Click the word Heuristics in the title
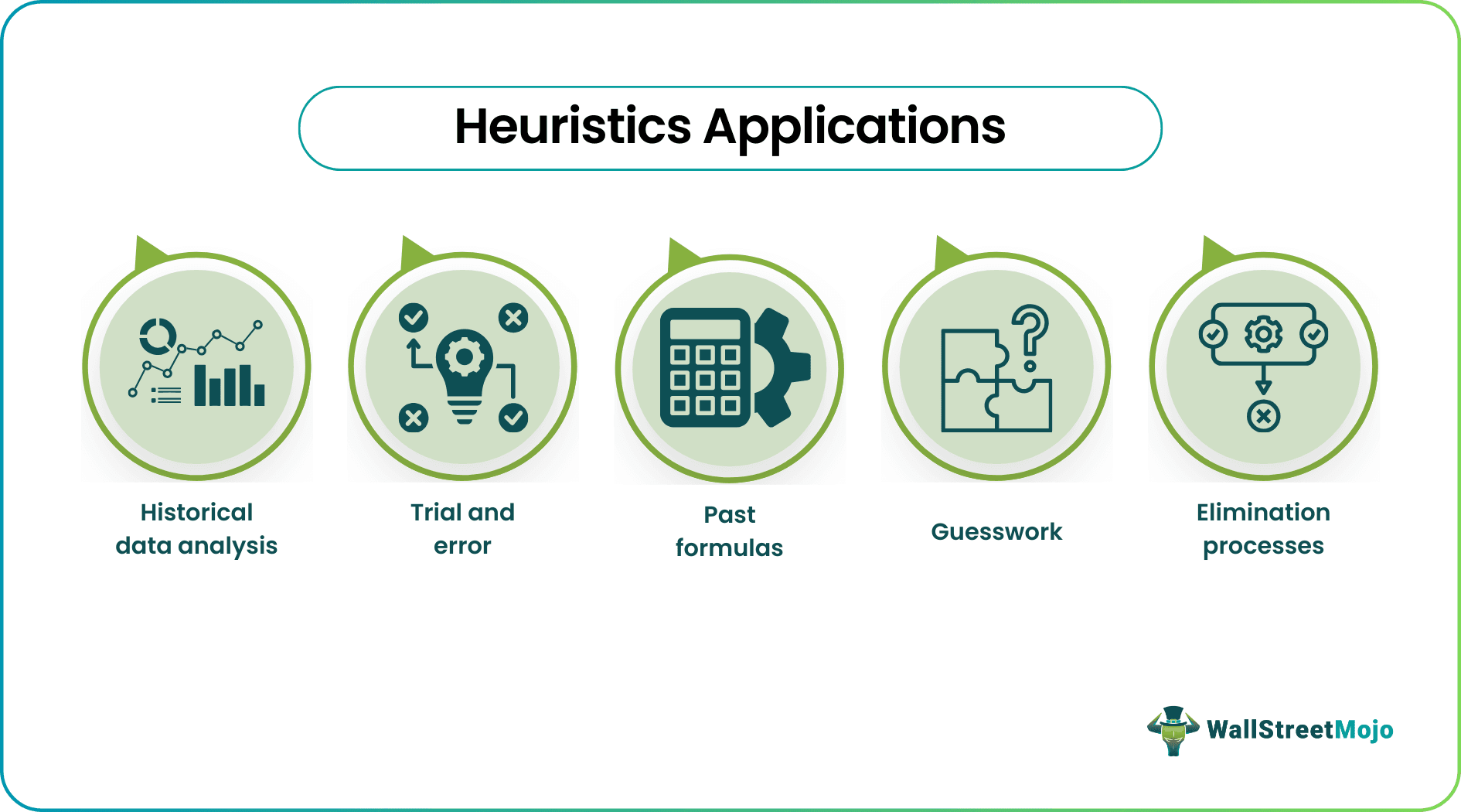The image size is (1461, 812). pyautogui.click(x=573, y=127)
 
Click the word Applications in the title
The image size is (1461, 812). pyautogui.click(x=854, y=127)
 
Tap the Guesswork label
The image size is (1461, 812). pyautogui.click(x=996, y=532)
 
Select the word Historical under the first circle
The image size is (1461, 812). pyautogui.click(x=196, y=512)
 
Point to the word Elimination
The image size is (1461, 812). pyautogui.click(x=1263, y=512)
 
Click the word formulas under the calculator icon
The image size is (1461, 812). pyautogui.click(x=729, y=548)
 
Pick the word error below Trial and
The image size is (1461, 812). pyautogui.click(x=462, y=546)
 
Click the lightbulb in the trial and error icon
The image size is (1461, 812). pyautogui.click(x=464, y=371)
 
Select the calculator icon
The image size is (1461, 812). pyautogui.click(x=704, y=368)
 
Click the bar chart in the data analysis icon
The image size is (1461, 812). pyautogui.click(x=229, y=385)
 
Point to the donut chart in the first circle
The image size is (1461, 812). pyautogui.click(x=158, y=336)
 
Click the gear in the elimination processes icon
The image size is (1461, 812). pyautogui.click(x=1263, y=334)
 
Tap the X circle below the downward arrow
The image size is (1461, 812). pyautogui.click(x=1263, y=417)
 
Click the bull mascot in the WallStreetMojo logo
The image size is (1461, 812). pyautogui.click(x=1173, y=730)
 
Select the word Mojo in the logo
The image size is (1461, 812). pyautogui.click(x=1364, y=730)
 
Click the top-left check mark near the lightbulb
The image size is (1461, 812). pyautogui.click(x=414, y=317)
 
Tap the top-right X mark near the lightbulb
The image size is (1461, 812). pyautogui.click(x=513, y=317)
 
